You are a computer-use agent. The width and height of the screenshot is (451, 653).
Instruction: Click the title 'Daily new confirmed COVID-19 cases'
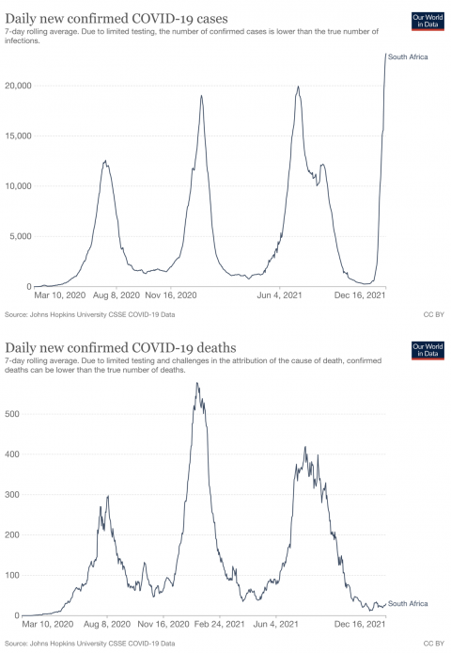[x=117, y=19]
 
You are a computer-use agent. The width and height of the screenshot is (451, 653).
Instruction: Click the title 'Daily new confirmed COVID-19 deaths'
[x=120, y=348]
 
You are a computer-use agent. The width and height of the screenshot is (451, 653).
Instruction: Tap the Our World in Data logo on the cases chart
[x=428, y=22]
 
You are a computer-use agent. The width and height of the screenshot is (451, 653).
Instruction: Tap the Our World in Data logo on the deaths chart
[x=428, y=350]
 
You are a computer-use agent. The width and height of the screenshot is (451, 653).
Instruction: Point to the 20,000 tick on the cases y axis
[x=18, y=86]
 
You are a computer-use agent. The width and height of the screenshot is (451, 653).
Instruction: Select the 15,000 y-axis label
[x=18, y=136]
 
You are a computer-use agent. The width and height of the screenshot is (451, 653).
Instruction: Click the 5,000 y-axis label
[x=21, y=236]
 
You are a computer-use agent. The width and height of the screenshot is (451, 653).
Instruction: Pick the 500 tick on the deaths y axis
[x=12, y=414]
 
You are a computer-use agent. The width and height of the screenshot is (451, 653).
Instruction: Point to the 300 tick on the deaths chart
[x=12, y=495]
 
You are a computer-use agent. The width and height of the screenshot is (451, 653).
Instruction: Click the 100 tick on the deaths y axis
[x=12, y=576]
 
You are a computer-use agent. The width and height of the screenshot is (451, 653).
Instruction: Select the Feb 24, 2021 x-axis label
[x=219, y=624]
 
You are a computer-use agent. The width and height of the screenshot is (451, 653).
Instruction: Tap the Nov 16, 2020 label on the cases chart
[x=171, y=295]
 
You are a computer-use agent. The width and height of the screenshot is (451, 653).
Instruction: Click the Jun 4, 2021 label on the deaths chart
[x=276, y=624]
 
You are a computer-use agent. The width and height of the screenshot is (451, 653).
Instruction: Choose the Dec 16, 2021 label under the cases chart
[x=360, y=295]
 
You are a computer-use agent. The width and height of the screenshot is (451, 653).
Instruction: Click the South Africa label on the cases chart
[x=408, y=57]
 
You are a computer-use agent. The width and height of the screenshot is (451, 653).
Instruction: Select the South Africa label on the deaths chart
[x=408, y=604]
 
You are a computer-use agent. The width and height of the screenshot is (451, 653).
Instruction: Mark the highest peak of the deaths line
[x=196, y=383]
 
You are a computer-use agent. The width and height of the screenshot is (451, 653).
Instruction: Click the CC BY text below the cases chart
[x=434, y=315]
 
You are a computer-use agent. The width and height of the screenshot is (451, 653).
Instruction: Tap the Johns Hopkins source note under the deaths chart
[x=90, y=644]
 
